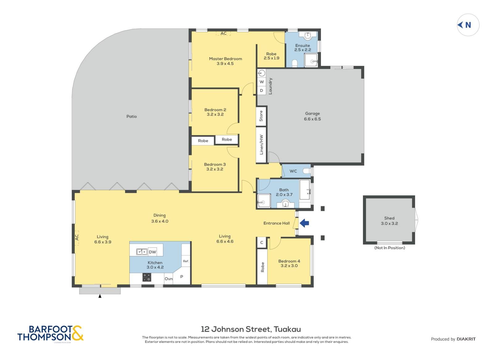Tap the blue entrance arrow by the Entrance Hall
(x=304, y=223)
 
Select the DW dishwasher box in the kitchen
(x=153, y=252)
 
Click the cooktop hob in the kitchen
(x=147, y=277)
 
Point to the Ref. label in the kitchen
(x=186, y=261)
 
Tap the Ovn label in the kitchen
(x=169, y=279)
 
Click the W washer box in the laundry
(x=262, y=82)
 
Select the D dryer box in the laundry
(x=262, y=90)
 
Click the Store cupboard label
(x=261, y=116)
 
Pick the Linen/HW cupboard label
(x=261, y=145)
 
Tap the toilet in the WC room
(x=307, y=171)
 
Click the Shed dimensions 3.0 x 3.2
(x=389, y=223)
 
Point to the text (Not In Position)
(x=389, y=248)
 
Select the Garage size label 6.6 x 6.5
(x=312, y=119)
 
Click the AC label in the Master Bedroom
(x=224, y=33)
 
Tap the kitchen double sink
(x=142, y=252)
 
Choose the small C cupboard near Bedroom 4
(x=262, y=242)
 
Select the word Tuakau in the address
(x=287, y=329)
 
